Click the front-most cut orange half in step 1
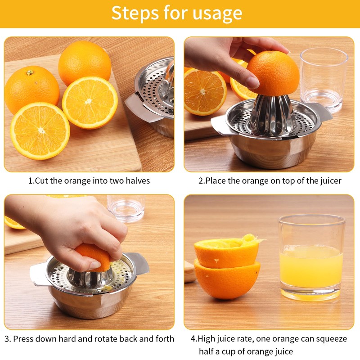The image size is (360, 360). pos(40,130)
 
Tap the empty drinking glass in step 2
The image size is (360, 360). pos(324,79)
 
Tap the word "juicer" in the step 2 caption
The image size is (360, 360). pos(329,181)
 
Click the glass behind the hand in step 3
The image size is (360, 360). pos(126,207)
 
